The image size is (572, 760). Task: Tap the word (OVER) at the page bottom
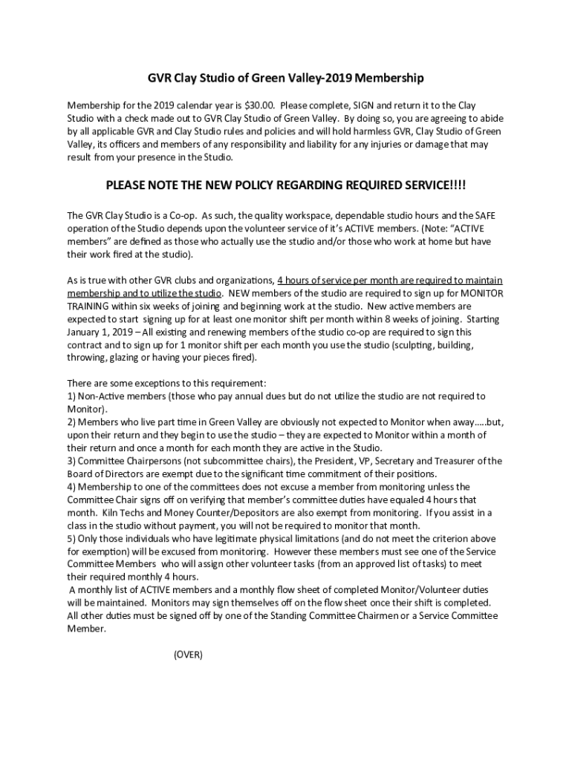click(188, 655)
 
